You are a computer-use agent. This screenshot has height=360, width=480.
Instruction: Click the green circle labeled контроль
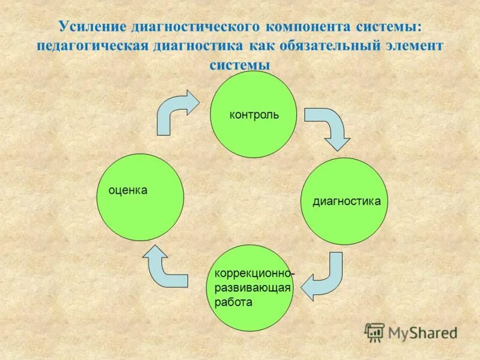pyautogui.click(x=253, y=114)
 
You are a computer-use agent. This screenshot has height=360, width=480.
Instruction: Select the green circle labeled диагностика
pyautogui.click(x=344, y=201)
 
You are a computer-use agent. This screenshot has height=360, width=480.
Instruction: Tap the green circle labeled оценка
pyautogui.click(x=140, y=197)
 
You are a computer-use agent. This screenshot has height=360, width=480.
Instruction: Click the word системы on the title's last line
pyautogui.click(x=239, y=65)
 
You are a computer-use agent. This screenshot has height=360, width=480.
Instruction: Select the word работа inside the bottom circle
pyautogui.click(x=233, y=302)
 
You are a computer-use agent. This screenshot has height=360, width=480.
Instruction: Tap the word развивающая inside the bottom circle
pyautogui.click(x=252, y=288)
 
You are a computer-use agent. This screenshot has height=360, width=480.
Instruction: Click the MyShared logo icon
pyautogui.click(x=374, y=331)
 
